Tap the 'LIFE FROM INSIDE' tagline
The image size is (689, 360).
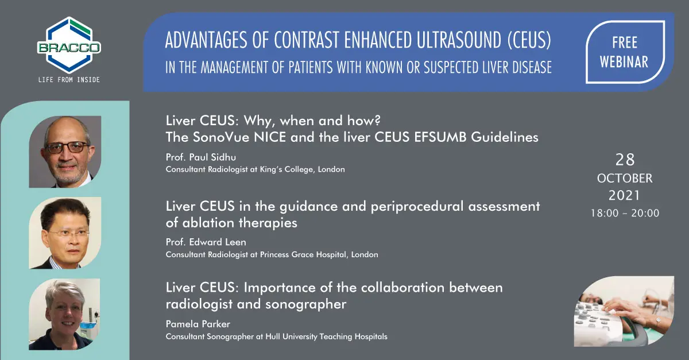[x=69, y=80]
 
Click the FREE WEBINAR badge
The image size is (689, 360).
[x=625, y=52]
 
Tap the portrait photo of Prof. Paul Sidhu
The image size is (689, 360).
[x=65, y=152]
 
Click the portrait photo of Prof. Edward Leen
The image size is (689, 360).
[x=65, y=233]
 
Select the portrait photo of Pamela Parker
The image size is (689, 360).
[x=64, y=314]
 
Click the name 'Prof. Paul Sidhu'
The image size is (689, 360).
[x=201, y=157]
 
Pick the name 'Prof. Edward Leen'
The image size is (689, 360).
[x=206, y=242]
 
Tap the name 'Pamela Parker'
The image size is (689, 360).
[x=198, y=324]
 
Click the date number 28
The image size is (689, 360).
[x=625, y=160]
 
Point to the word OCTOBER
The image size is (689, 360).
[x=625, y=179]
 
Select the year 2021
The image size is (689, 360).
[x=625, y=195]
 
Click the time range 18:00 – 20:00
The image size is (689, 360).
[x=625, y=213]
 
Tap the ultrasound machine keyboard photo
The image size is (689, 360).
[x=624, y=311]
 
